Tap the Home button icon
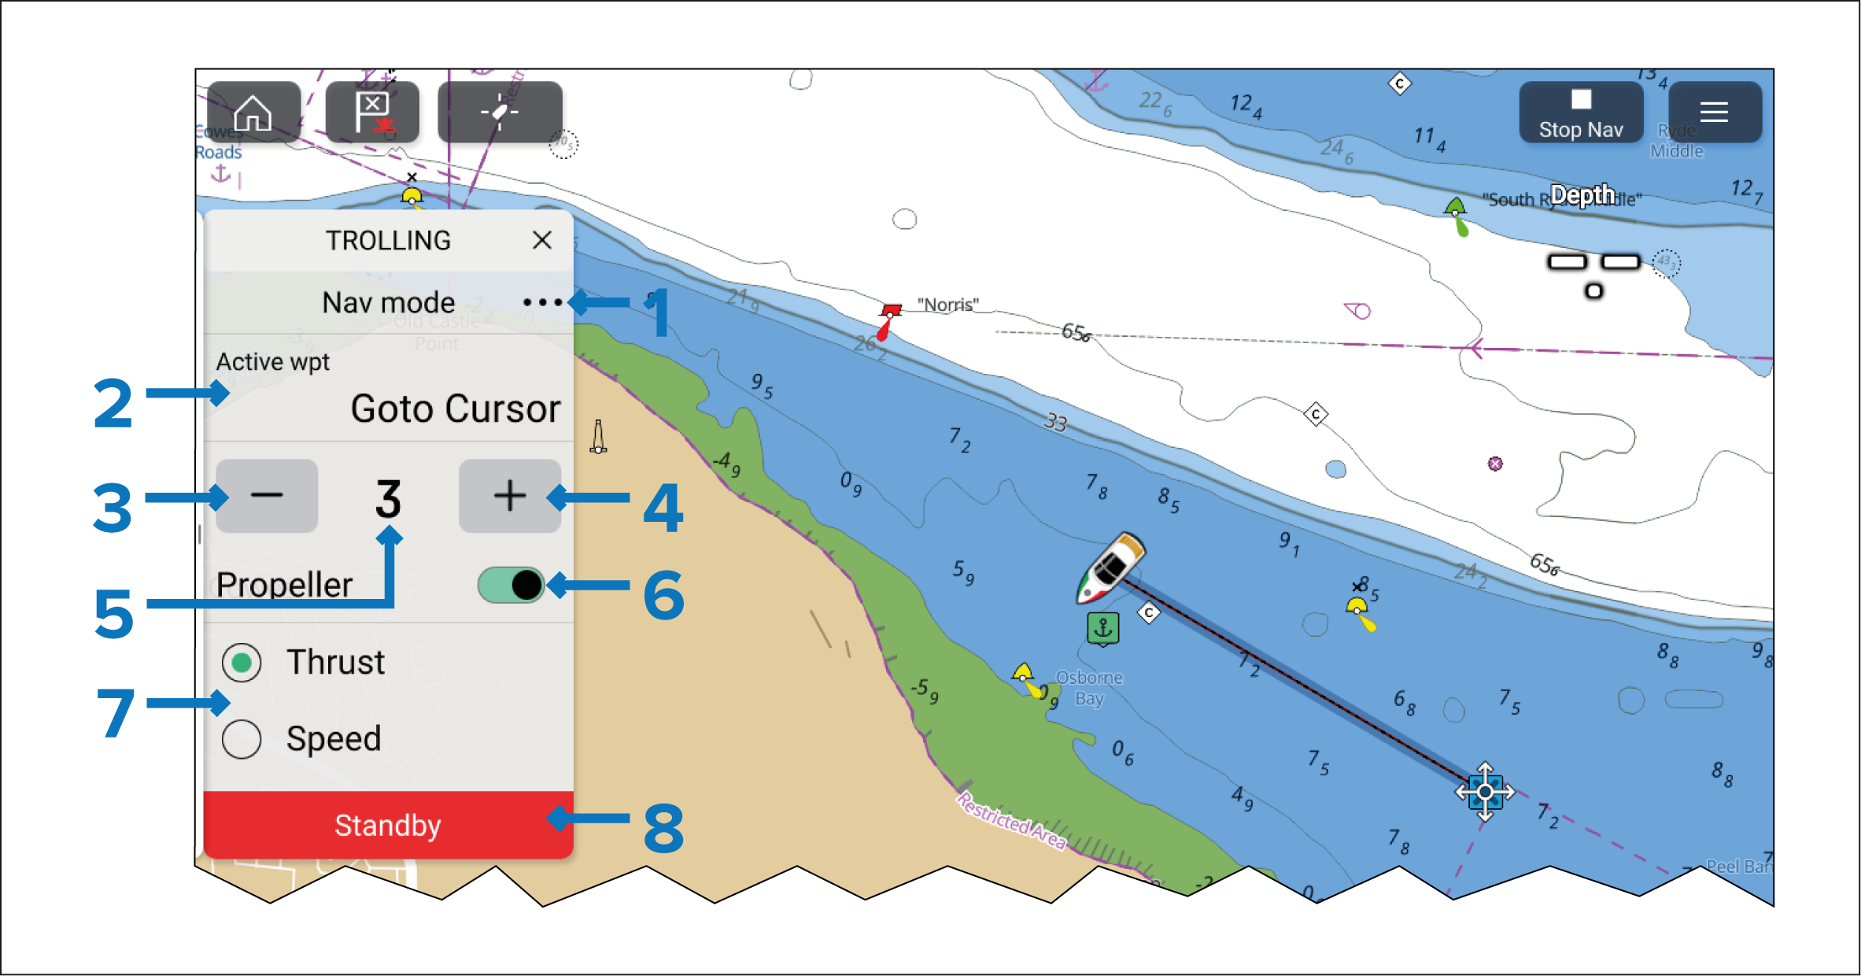253,113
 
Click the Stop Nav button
1580,113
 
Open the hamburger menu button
1714,113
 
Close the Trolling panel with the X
541,240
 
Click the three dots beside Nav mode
542,302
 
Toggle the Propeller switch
511,585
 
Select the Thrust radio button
242,663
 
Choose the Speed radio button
242,739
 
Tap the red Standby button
388,825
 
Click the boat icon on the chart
1111,567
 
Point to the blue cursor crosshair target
1484,792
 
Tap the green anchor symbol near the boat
1103,628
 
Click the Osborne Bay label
1089,688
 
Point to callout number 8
663,828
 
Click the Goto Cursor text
456,409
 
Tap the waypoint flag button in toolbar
372,113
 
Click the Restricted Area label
1011,821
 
